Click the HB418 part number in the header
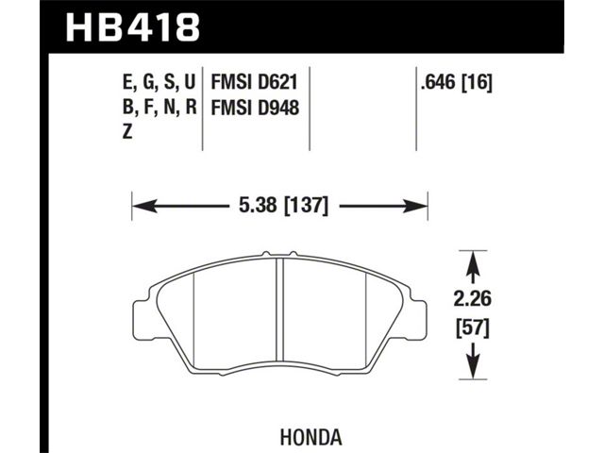(132, 27)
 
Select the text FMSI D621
(254, 82)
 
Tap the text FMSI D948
(255, 108)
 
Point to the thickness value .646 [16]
(457, 82)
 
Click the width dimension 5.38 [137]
(283, 206)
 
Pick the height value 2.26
(473, 299)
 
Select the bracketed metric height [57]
(473, 329)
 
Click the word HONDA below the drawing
(310, 437)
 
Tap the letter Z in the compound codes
(127, 132)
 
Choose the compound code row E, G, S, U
(159, 83)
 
